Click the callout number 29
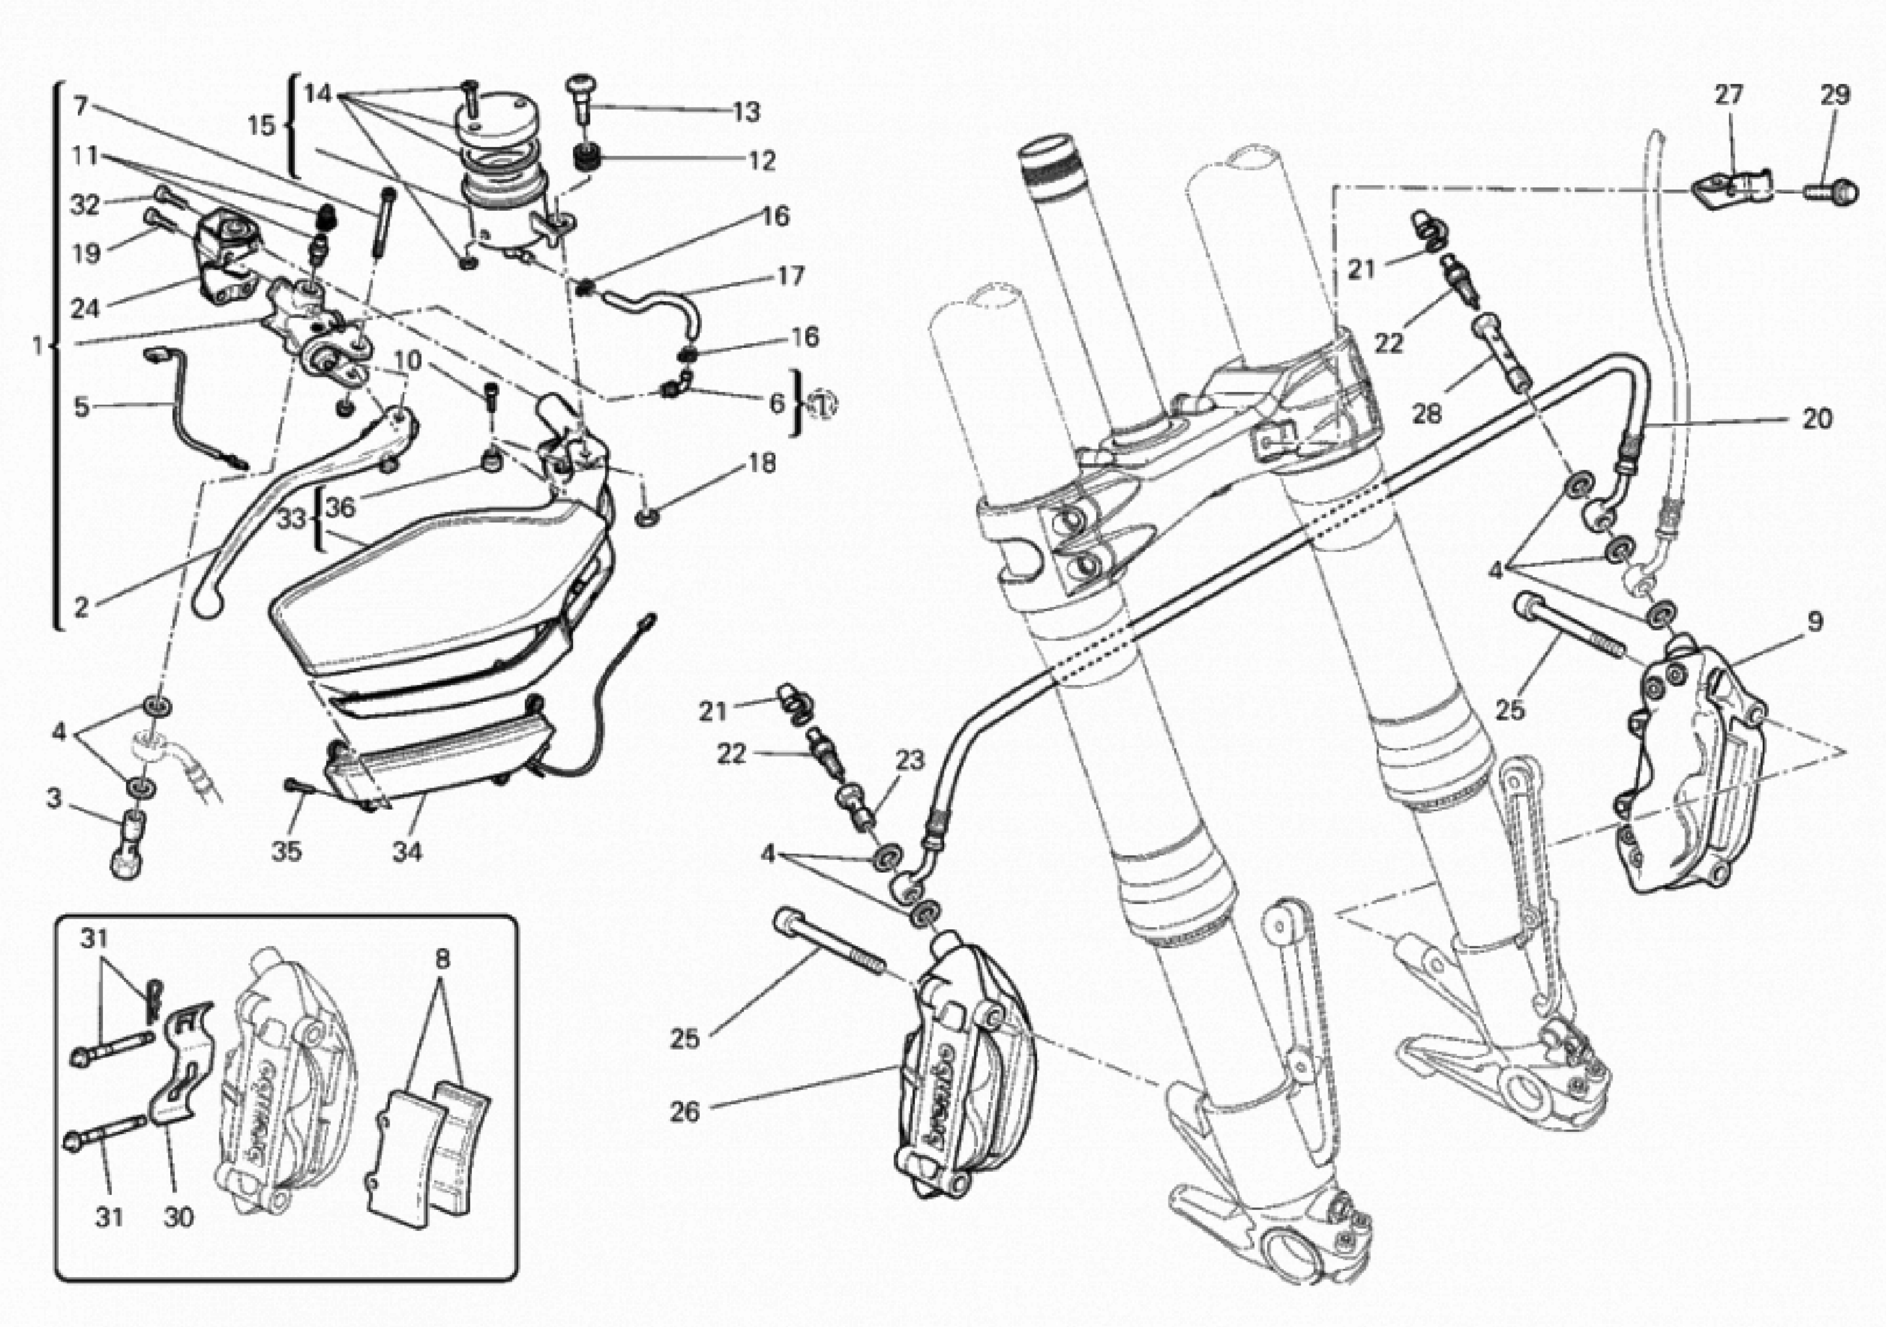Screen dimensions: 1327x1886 [x=1834, y=95]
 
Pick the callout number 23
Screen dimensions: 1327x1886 [x=909, y=761]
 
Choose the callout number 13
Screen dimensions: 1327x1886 [x=746, y=112]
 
